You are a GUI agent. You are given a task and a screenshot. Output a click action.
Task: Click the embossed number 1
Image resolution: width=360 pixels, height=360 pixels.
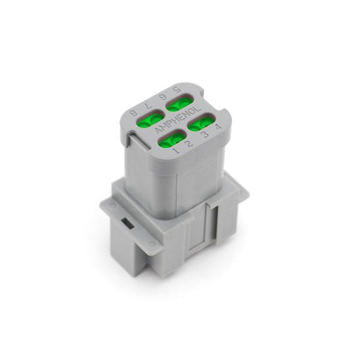coord(176,151)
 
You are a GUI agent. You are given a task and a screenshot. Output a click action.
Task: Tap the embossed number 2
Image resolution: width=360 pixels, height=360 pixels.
coord(188,144)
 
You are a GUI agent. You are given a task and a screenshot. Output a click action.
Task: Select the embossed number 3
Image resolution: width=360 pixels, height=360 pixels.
coord(205,134)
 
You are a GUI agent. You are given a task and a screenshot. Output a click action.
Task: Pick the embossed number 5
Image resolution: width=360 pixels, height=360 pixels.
coord(176,89)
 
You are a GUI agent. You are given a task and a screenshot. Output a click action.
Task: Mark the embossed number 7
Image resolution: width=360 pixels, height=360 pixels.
coord(147,106)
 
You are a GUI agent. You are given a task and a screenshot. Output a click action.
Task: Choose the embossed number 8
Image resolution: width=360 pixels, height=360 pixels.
coord(133,113)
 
